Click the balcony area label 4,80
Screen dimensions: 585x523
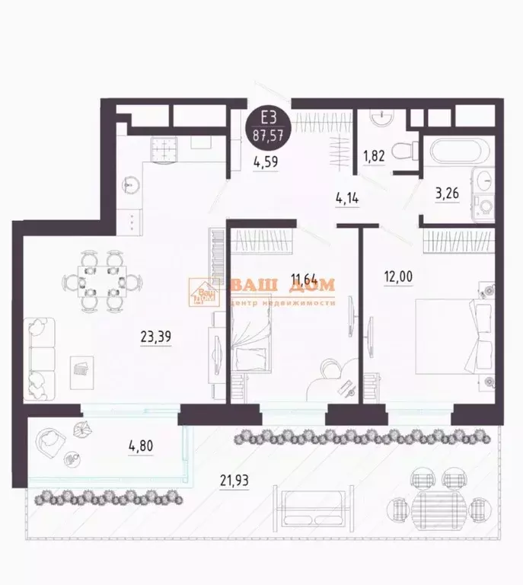[x=141, y=443]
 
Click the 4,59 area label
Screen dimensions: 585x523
[x=266, y=161]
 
